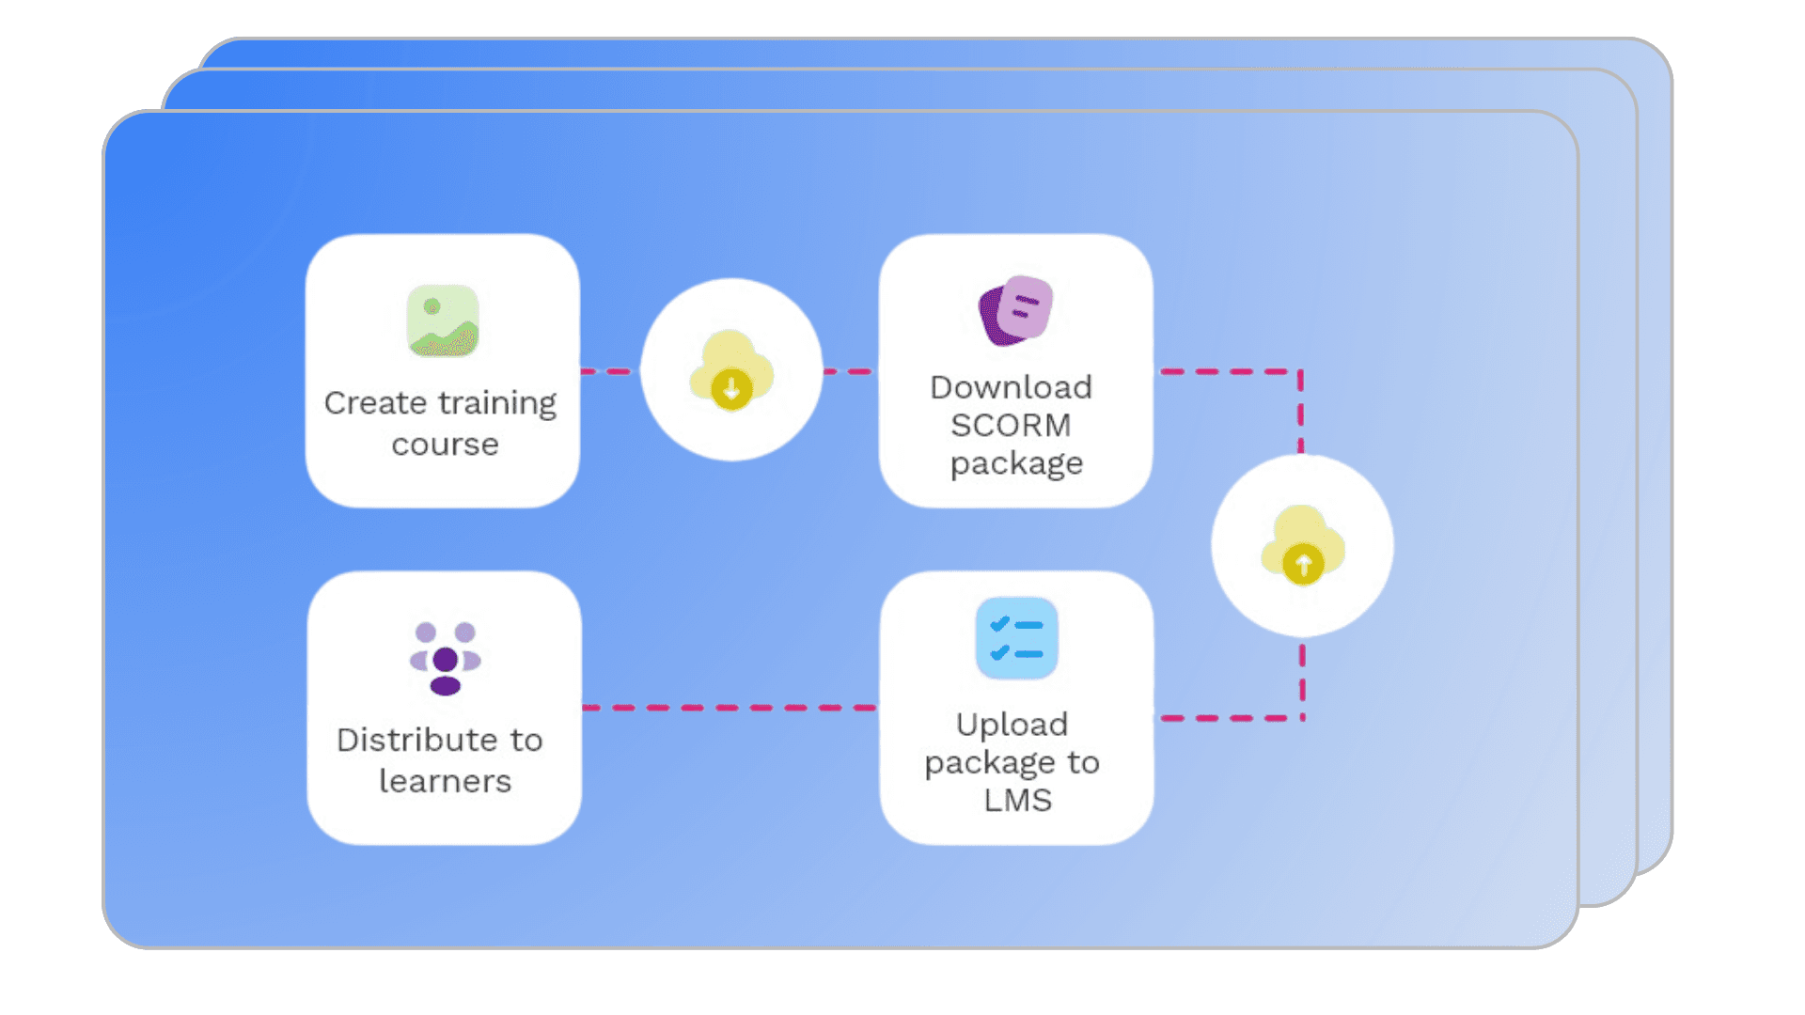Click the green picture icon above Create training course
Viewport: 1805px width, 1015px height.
(x=443, y=320)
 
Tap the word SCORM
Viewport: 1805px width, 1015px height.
(x=1011, y=426)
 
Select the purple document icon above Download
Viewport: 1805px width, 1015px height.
(x=1015, y=310)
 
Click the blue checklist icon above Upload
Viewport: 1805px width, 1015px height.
(x=1016, y=638)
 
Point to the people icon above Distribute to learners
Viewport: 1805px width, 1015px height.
(x=445, y=658)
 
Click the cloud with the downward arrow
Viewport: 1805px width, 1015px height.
(x=731, y=370)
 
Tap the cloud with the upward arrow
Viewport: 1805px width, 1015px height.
(x=1302, y=546)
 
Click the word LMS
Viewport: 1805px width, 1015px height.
(x=1017, y=801)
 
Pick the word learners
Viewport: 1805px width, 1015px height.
(x=445, y=782)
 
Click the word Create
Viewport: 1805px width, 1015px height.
(x=375, y=403)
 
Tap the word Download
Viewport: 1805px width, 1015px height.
(x=1011, y=387)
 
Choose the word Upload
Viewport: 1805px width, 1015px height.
(x=1012, y=725)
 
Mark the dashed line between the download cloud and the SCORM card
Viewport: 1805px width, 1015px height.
(x=850, y=372)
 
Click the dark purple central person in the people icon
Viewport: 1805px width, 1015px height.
(x=445, y=661)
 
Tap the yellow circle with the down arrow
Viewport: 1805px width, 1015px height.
(x=731, y=388)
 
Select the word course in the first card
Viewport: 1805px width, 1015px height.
(x=445, y=445)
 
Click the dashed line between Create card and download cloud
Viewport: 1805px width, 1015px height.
(x=608, y=372)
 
